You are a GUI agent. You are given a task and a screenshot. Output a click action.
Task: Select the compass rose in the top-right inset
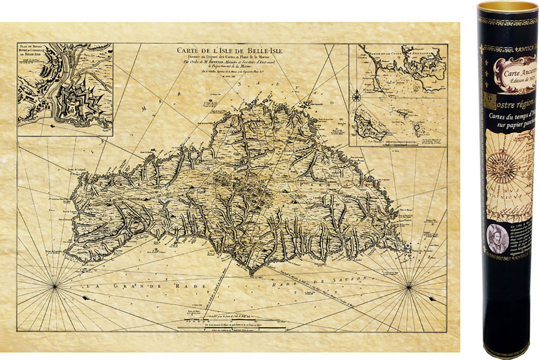pos(357,96)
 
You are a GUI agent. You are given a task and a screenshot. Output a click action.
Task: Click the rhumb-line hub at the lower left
pos(54,286)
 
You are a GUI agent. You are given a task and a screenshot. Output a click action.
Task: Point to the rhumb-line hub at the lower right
pos(408,287)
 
